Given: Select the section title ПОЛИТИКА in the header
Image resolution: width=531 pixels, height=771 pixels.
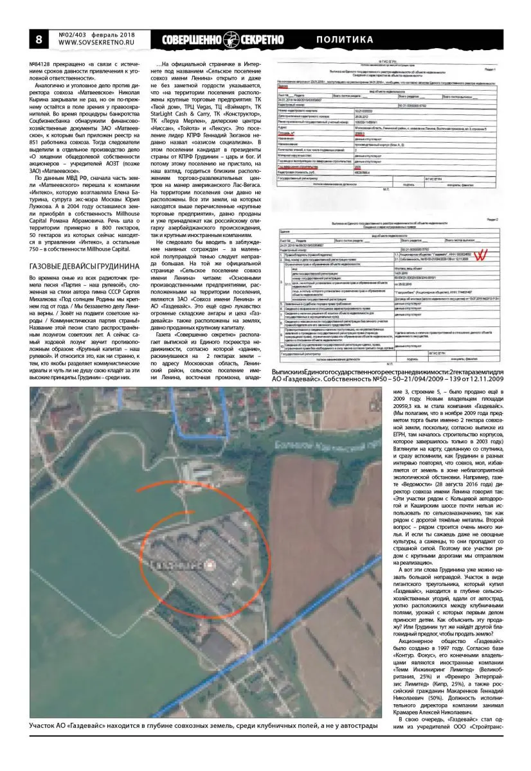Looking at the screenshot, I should [x=345, y=40].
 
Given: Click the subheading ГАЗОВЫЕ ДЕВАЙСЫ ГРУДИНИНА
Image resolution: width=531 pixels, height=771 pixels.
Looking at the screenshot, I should [x=84, y=266].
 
